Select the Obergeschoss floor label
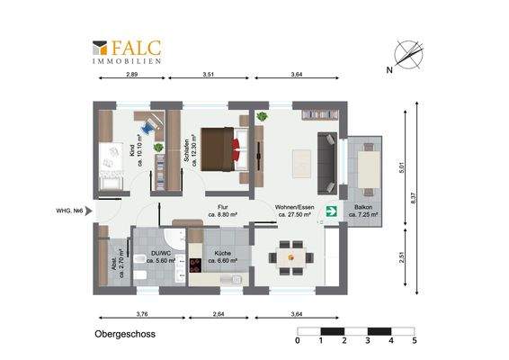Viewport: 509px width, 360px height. tap(125, 333)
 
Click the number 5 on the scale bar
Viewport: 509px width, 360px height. tap(414, 342)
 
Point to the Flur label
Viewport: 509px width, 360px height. tap(221, 211)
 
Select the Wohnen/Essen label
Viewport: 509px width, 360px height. tap(294, 211)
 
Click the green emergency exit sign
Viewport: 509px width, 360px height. tap(330, 211)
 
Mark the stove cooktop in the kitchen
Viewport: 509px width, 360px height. tap(194, 265)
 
